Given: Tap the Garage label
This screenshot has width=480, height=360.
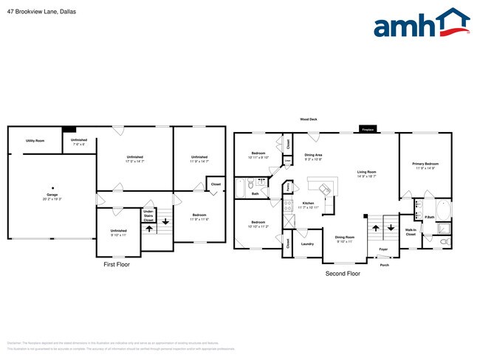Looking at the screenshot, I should coord(52,194).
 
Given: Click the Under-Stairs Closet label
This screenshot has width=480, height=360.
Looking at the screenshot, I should coord(148,215).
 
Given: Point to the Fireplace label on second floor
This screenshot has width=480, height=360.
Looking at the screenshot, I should coord(367,130).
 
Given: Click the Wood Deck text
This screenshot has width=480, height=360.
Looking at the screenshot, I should coord(308,119).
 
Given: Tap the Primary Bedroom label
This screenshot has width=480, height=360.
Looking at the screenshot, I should coord(426,163).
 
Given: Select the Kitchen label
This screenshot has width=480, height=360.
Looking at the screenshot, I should coord(309,203).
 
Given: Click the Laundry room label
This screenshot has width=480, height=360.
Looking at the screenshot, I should coord(308,243).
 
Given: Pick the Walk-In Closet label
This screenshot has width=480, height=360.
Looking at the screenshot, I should coord(411,232).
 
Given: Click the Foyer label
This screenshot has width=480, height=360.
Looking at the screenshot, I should coord(383,249).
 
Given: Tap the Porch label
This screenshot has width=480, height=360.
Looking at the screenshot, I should coord(384,264).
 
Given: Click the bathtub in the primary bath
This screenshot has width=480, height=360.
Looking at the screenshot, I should coord(442,210).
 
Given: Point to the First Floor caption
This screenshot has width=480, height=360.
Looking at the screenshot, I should coord(116,263).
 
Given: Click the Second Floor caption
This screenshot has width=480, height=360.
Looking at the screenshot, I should coord(343,273).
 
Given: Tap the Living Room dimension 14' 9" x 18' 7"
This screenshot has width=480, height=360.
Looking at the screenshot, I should coord(366,176).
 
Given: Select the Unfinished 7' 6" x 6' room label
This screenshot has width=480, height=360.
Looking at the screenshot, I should coord(78,142).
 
